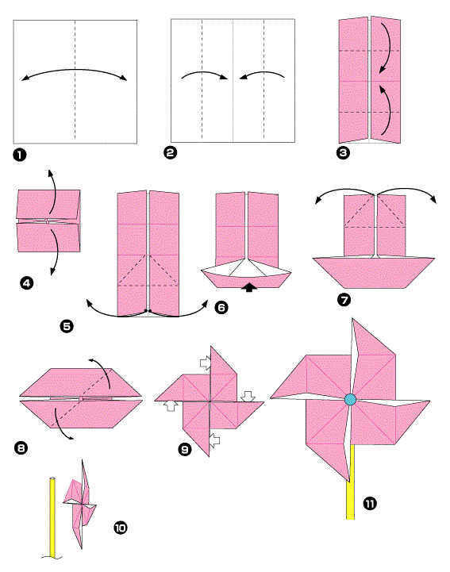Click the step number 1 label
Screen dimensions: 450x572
click(x=20, y=155)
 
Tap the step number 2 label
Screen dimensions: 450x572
click(x=170, y=152)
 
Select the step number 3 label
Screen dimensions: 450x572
click(x=343, y=152)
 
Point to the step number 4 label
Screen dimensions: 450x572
click(x=27, y=283)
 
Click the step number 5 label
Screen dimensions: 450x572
click(x=67, y=326)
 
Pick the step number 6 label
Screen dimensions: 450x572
click(x=221, y=308)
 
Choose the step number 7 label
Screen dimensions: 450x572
click(x=344, y=300)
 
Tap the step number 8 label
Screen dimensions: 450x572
click(x=21, y=447)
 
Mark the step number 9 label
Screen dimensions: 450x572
click(x=185, y=449)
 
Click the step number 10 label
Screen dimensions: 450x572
click(x=121, y=528)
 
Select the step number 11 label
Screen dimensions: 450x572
click(x=370, y=504)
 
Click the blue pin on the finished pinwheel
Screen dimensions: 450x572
click(x=350, y=400)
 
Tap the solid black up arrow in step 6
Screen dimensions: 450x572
click(x=250, y=287)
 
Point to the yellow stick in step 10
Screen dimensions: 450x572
click(x=52, y=517)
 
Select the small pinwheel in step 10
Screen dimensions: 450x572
click(x=80, y=504)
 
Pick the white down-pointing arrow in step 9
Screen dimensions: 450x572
click(x=248, y=397)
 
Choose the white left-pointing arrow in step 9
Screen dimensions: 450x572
click(x=214, y=440)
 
